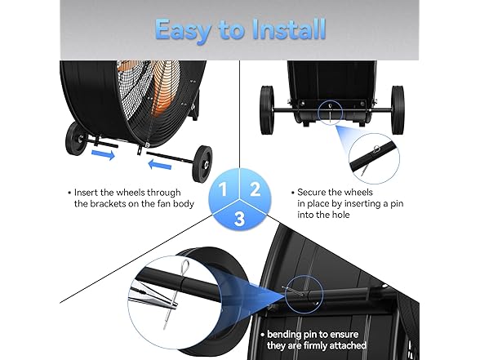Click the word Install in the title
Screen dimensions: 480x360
(x=288, y=29)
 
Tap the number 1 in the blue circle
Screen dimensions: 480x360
(x=223, y=189)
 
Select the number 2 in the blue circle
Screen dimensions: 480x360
(x=255, y=189)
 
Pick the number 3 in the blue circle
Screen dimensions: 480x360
(x=239, y=219)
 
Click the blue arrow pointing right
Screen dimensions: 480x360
(x=104, y=154)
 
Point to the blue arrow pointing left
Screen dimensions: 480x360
(x=159, y=165)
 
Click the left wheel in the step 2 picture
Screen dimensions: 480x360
(x=266, y=110)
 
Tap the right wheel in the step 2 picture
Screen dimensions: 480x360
(x=398, y=110)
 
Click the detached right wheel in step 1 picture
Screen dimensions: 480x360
(x=202, y=164)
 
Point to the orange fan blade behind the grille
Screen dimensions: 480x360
(x=165, y=89)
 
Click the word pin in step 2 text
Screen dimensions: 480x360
(x=397, y=204)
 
